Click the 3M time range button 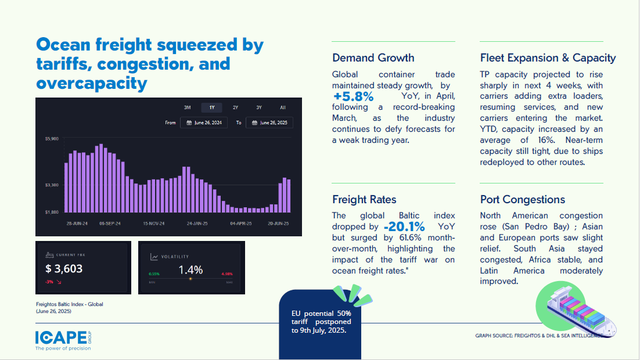pos(188,107)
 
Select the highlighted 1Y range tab pos(212,107)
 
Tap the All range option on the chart pos(283,107)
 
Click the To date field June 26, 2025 pos(269,123)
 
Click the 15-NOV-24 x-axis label pos(154,224)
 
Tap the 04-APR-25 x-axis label pos(240,224)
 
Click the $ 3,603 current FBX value pos(64,269)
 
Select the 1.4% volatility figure pos(190,270)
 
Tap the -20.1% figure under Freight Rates pos(404,226)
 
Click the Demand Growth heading pos(373,58)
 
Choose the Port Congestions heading pos(523,200)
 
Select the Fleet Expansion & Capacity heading pos(548,58)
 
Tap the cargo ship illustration pos(575,308)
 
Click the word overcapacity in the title pos(92,83)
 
